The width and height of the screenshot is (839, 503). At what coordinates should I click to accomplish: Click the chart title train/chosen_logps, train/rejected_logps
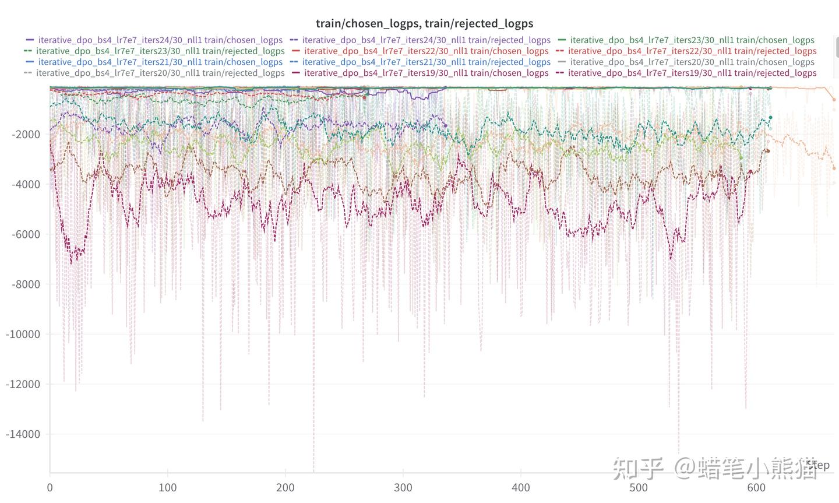point(424,23)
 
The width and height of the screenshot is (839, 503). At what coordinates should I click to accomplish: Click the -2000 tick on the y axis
point(26,134)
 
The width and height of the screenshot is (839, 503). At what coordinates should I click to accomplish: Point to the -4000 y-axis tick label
point(26,184)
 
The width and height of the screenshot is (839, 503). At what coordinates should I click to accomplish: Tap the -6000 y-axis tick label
point(26,234)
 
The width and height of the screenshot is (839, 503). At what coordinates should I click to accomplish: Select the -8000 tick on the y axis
point(26,284)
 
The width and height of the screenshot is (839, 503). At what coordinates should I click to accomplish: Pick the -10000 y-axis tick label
point(23,335)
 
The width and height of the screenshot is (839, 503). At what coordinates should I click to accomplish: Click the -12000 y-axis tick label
point(23,384)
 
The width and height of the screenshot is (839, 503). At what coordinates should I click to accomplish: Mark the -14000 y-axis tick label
point(23,434)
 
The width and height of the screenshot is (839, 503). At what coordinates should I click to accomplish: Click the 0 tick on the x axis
point(50,488)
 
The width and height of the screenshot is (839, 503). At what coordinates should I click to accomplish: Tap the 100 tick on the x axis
point(168,488)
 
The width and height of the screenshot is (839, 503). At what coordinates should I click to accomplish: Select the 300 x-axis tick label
point(403,488)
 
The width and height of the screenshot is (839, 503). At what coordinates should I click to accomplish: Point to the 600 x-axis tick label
point(756,488)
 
